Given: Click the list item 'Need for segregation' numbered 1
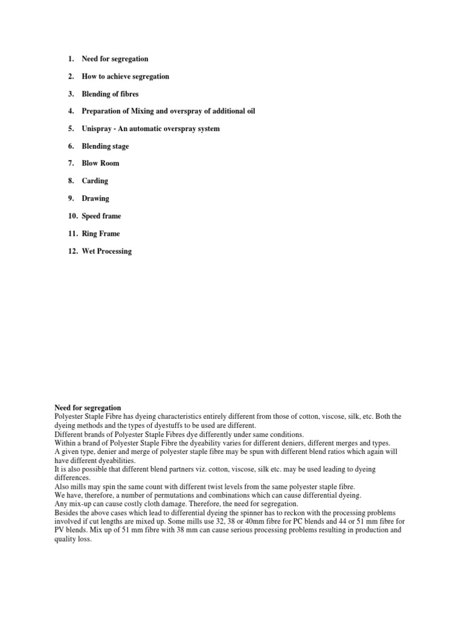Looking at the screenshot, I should pyautogui.click(x=115, y=59).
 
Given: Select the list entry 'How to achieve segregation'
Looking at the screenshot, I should pyautogui.click(x=125, y=76).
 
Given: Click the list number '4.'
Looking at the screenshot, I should pyautogui.click(x=71, y=111).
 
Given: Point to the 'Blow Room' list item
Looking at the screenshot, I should pyautogui.click(x=100, y=163).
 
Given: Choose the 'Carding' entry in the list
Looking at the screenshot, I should pyautogui.click(x=95, y=181).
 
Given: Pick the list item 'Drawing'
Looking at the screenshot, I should pyautogui.click(x=95, y=198).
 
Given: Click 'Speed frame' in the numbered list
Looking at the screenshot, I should pyautogui.click(x=101, y=216).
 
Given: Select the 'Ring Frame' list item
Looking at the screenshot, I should pyautogui.click(x=100, y=233).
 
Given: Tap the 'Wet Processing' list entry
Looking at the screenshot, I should pyautogui.click(x=106, y=251).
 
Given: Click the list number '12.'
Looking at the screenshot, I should pyautogui.click(x=72, y=251).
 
